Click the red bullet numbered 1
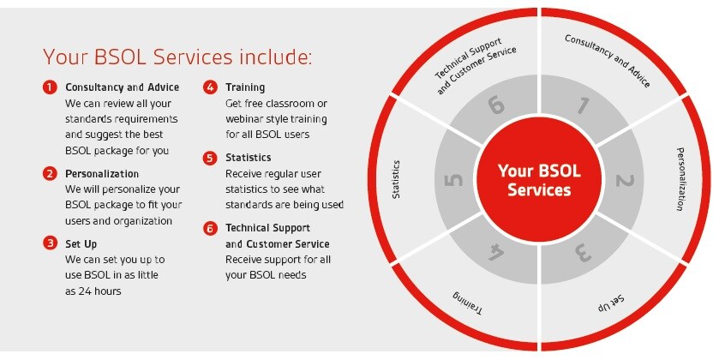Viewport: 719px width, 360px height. click(x=50, y=87)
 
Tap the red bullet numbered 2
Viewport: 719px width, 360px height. click(x=50, y=173)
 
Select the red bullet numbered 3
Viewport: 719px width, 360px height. click(x=50, y=243)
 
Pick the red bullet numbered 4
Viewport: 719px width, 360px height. click(x=210, y=87)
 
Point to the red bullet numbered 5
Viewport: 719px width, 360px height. click(x=210, y=158)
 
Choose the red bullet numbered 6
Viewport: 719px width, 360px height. click(x=210, y=228)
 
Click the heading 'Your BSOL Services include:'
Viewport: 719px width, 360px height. click(x=177, y=57)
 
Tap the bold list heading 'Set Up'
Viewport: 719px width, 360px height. click(x=81, y=244)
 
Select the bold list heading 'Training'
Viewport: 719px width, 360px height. click(x=245, y=87)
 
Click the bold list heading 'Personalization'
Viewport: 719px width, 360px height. click(x=102, y=174)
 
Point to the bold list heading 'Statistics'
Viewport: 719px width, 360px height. click(x=248, y=158)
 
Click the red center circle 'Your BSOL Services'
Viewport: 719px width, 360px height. click(x=539, y=180)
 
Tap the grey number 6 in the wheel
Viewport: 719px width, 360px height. click(x=496, y=105)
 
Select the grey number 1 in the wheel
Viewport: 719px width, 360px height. click(x=583, y=105)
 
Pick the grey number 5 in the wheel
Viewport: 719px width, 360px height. click(x=453, y=180)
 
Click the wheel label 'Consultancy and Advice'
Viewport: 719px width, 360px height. click(x=607, y=61)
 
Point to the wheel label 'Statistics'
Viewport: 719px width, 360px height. click(x=396, y=179)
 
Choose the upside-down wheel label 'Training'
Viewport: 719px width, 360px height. click(x=468, y=303)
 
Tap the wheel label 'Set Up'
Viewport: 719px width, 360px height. click(x=611, y=303)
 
